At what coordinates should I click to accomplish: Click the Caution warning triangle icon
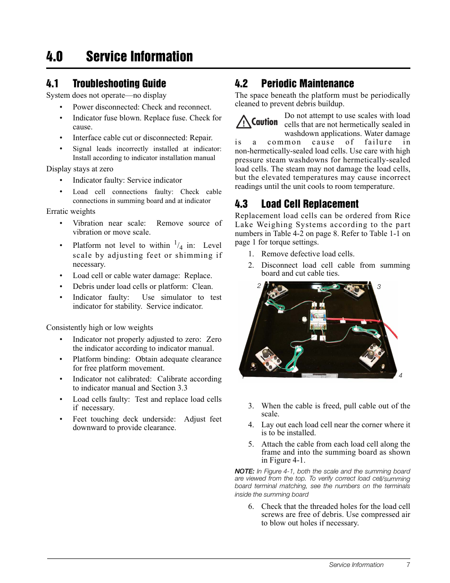[243, 122]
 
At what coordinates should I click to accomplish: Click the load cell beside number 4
[372, 355]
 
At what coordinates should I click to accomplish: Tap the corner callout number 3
[379, 287]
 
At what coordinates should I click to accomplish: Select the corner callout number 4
[400, 375]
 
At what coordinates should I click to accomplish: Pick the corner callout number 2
[259, 286]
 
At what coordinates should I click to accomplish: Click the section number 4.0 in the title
[55, 57]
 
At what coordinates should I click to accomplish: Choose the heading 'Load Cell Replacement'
[309, 204]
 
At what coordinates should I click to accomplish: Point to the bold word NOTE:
[244, 471]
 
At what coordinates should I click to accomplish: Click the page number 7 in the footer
[408, 565]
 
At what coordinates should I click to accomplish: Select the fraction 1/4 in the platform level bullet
[178, 245]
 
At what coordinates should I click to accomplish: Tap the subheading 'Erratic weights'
[71, 211]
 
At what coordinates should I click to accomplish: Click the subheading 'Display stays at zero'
[80, 169]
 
